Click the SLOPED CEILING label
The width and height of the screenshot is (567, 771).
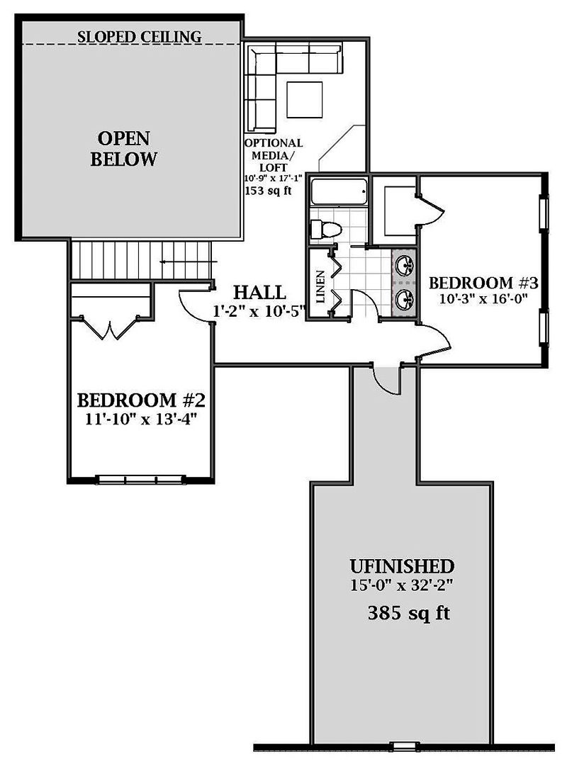[139, 36]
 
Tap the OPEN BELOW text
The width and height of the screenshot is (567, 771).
[124, 149]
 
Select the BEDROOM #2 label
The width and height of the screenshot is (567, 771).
[141, 400]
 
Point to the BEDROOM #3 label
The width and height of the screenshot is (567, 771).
[483, 283]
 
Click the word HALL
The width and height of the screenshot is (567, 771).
[259, 292]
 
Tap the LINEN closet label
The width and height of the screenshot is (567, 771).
[320, 286]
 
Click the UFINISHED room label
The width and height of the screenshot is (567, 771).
[402, 566]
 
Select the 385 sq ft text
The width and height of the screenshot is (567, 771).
[409, 613]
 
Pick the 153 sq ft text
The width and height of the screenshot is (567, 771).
[268, 191]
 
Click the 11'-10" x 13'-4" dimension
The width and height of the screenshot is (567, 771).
[141, 420]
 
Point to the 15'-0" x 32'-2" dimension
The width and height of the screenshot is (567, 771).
[402, 585]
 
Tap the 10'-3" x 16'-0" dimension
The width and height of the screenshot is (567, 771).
[483, 298]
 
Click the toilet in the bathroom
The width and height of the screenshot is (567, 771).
[326, 229]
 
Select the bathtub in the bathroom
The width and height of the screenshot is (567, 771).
[339, 191]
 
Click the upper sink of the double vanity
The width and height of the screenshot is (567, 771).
[405, 266]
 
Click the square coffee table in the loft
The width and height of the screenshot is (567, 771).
[304, 100]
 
